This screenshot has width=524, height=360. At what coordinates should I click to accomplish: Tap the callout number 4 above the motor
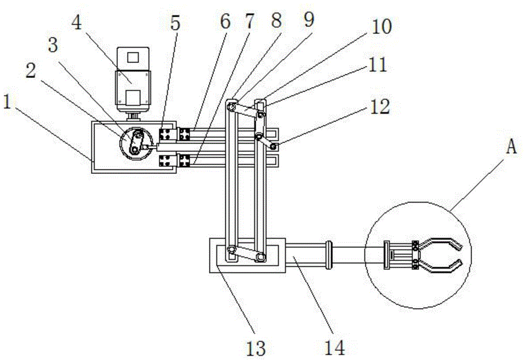click(77, 23)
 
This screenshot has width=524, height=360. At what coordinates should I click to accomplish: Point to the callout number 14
click(334, 347)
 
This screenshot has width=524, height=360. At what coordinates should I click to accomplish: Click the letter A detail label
click(511, 146)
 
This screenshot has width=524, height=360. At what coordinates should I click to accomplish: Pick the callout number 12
click(379, 107)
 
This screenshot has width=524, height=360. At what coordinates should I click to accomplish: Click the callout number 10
click(381, 26)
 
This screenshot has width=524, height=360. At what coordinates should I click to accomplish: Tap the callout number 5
click(176, 23)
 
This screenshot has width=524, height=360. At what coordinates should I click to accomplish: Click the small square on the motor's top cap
click(133, 57)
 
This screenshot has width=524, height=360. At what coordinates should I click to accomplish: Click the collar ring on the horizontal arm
click(329, 255)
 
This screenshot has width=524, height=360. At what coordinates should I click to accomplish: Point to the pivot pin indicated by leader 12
click(274, 146)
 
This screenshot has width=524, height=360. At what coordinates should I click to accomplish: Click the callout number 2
click(31, 71)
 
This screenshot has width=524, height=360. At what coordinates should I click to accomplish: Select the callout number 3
click(53, 45)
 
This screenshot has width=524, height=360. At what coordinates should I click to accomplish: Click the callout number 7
click(249, 21)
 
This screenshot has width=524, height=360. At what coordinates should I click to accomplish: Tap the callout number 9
click(309, 20)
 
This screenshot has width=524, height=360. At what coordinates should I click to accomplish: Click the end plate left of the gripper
click(387, 255)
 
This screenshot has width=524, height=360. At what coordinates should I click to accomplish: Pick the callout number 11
click(378, 65)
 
